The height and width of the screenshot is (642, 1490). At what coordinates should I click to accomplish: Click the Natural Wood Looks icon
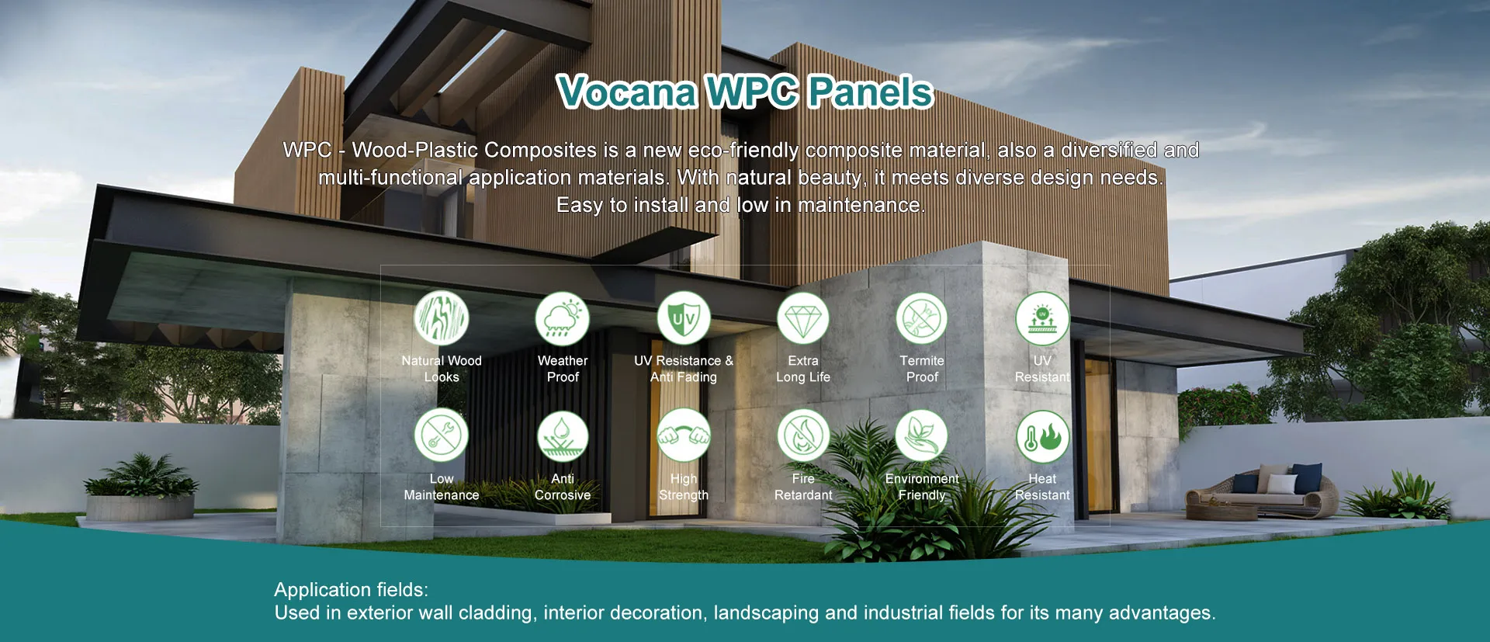pyautogui.click(x=442, y=318)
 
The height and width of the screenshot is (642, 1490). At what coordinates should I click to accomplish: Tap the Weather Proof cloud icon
pyautogui.click(x=563, y=318)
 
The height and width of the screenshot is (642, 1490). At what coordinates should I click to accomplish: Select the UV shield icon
pyautogui.click(x=684, y=318)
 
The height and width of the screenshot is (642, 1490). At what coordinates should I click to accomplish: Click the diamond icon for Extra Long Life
pyautogui.click(x=803, y=318)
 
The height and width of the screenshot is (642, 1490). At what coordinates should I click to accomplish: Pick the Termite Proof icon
pyautogui.click(x=922, y=318)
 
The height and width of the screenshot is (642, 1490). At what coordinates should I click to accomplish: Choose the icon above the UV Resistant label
pyautogui.click(x=1042, y=318)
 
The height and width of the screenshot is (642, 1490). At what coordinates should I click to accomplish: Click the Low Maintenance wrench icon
pyautogui.click(x=442, y=436)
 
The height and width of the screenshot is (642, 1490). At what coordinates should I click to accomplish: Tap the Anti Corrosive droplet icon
pyautogui.click(x=563, y=436)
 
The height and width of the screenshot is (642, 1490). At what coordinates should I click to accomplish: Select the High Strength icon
pyautogui.click(x=684, y=436)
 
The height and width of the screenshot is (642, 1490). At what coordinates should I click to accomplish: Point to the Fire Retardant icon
pyautogui.click(x=803, y=436)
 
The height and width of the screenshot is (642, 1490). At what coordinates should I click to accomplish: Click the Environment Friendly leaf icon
pyautogui.click(x=922, y=436)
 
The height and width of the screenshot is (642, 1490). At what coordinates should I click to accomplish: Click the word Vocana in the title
pyautogui.click(x=627, y=92)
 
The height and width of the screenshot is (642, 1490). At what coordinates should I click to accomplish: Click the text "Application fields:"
pyautogui.click(x=351, y=589)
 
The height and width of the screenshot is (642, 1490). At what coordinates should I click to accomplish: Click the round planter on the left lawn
pyautogui.click(x=140, y=506)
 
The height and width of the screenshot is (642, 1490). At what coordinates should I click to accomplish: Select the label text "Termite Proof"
pyautogui.click(x=922, y=369)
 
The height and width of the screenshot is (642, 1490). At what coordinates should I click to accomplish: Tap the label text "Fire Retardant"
pyautogui.click(x=803, y=487)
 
